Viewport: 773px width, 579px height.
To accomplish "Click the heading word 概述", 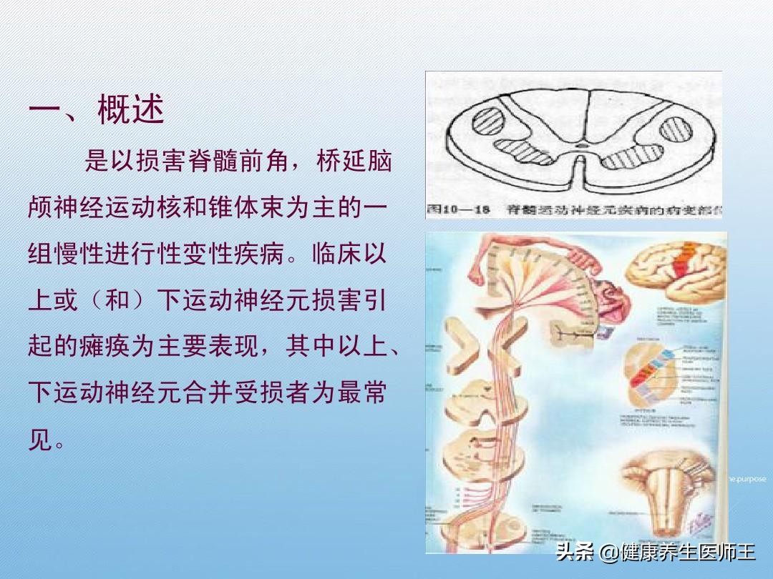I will click(x=131, y=111).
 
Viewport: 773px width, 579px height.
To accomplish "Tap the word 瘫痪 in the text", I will click(x=103, y=348).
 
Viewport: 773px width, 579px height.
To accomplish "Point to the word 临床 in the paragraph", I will click(x=334, y=254).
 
